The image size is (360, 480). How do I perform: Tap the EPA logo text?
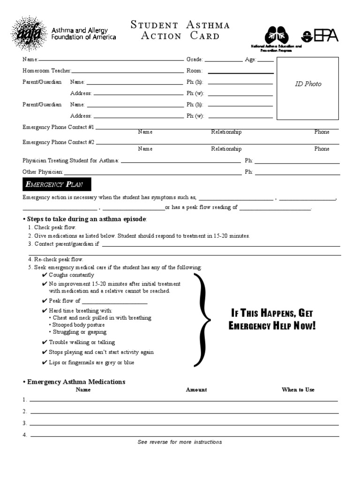click(x=326, y=36)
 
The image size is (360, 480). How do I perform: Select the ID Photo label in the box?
click(x=308, y=84)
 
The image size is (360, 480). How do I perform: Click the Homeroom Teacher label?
click(x=47, y=71)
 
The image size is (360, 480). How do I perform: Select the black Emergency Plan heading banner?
click(x=57, y=184)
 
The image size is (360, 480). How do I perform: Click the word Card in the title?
click(x=205, y=36)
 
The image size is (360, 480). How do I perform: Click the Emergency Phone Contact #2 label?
click(x=59, y=142)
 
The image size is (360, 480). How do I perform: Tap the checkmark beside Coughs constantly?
click(x=44, y=275)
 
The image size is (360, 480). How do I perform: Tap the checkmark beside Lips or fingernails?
click(x=44, y=363)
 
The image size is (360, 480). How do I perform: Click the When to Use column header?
click(x=298, y=390)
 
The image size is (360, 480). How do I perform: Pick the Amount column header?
click(x=196, y=390)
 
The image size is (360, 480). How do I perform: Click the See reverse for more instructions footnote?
click(x=180, y=442)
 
